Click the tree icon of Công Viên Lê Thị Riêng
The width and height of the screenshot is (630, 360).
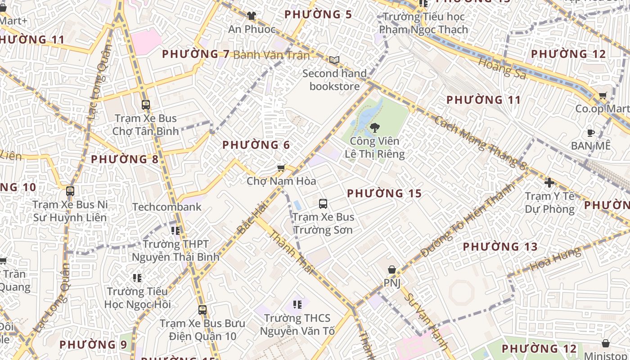click(374, 128)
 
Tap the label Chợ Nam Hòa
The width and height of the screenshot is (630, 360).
click(281, 181)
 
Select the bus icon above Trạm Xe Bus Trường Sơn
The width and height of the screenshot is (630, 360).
click(323, 204)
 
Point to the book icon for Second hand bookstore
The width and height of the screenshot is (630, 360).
click(334, 60)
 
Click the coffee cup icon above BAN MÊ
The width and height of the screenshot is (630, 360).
click(591, 133)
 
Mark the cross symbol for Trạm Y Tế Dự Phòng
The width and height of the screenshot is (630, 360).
click(549, 183)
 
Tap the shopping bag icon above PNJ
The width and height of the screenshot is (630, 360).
click(392, 270)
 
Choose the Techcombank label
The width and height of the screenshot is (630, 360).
click(167, 207)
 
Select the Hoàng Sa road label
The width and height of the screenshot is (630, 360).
click(502, 68)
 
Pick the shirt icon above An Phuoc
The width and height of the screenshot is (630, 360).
click(252, 16)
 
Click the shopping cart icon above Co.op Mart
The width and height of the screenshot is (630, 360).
click(603, 95)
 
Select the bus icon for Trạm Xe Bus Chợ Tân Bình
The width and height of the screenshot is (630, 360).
click(145, 105)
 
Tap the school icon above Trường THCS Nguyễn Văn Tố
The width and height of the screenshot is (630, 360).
click(297, 305)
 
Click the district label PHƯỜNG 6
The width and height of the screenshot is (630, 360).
click(256, 145)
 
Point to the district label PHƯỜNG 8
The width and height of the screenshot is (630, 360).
click(125, 159)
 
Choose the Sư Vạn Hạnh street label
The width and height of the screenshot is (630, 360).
click(426, 321)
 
